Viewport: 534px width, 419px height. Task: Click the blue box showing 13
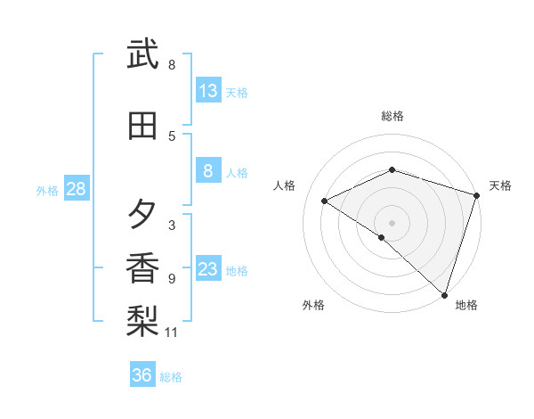(207, 90)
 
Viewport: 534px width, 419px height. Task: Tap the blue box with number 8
(207, 172)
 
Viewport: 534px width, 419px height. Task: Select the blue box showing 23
(207, 270)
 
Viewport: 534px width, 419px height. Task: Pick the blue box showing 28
(75, 188)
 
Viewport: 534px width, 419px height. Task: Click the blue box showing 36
(142, 375)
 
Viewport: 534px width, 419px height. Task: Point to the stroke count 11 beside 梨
(172, 333)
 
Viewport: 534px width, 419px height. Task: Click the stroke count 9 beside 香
(172, 279)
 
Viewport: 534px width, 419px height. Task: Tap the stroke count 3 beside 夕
(172, 225)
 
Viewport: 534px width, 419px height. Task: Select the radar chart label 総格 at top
(392, 116)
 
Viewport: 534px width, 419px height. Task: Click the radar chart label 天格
(500, 185)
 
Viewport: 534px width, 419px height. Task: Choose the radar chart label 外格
(313, 305)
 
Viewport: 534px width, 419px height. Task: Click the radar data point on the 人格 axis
(325, 201)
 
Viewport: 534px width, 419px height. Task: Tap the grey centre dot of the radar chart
(392, 222)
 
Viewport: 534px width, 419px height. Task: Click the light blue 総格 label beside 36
(171, 377)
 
